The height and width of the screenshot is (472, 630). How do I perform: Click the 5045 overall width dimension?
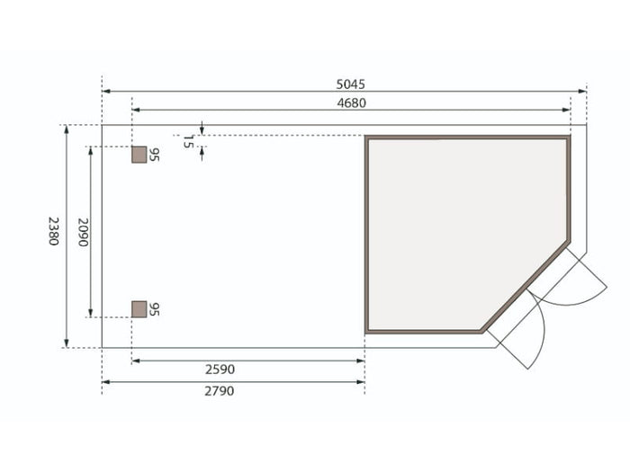(x=351, y=84)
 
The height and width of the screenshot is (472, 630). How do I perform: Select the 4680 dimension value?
(x=351, y=102)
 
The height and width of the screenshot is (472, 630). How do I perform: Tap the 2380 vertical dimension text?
(x=53, y=231)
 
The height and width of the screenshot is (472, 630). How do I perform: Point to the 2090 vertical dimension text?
(x=83, y=232)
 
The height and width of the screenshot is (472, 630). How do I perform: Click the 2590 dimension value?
(x=220, y=370)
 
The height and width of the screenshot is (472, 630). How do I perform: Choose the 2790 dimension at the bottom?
(x=220, y=391)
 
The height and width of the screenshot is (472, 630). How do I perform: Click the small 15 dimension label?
(x=188, y=141)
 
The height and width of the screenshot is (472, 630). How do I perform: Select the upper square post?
(x=139, y=155)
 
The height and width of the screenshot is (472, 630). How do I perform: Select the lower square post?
(x=139, y=309)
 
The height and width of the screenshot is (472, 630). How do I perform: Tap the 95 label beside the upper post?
(x=154, y=155)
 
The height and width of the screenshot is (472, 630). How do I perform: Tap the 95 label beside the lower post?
(x=154, y=309)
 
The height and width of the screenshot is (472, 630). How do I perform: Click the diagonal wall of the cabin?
(x=526, y=287)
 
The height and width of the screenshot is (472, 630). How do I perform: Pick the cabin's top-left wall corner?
(x=366, y=138)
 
